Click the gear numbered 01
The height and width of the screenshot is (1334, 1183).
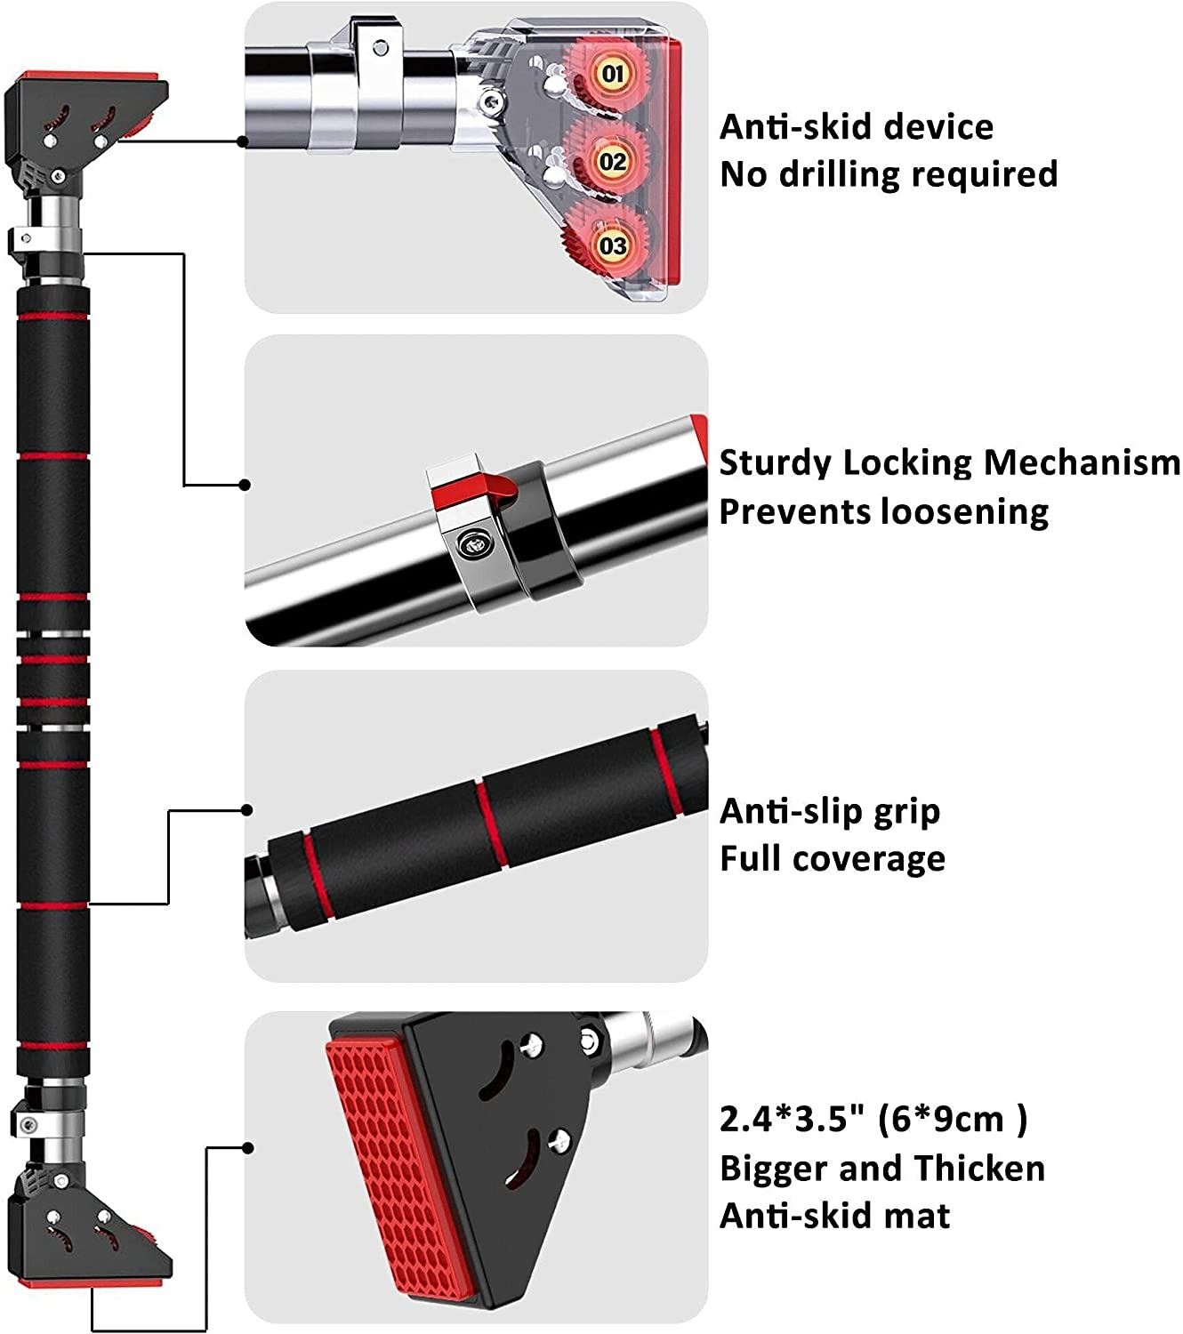click(x=612, y=73)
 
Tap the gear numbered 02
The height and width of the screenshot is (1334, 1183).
click(x=612, y=162)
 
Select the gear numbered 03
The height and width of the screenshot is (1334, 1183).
click(x=612, y=245)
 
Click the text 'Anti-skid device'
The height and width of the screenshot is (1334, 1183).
click(x=856, y=127)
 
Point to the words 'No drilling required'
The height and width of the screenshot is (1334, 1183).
click(x=888, y=174)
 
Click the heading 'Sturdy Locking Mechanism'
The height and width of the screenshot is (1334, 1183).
click(x=949, y=463)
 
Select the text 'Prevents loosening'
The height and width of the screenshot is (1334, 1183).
click(x=883, y=512)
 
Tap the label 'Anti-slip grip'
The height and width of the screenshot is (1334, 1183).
click(x=829, y=811)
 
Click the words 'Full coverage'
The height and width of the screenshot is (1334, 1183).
click(x=832, y=859)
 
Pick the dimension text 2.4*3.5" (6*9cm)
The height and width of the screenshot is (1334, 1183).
click(x=873, y=1119)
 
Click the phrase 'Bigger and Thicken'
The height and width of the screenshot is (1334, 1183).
click(x=881, y=1168)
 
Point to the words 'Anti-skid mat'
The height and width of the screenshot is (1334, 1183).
click(x=834, y=1216)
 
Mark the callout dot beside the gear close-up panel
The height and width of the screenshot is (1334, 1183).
click(x=244, y=141)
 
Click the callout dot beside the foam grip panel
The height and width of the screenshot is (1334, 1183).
click(x=247, y=810)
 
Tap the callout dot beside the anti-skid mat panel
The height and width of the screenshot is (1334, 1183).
click(x=248, y=1148)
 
